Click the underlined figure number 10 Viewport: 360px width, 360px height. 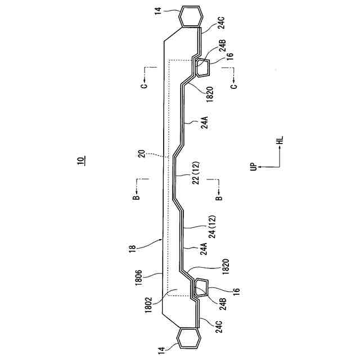coord(81,160)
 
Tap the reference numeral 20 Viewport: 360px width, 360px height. coord(142,154)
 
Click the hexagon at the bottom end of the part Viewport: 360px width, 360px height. coord(188,339)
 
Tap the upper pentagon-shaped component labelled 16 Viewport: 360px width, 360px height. coord(203,68)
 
